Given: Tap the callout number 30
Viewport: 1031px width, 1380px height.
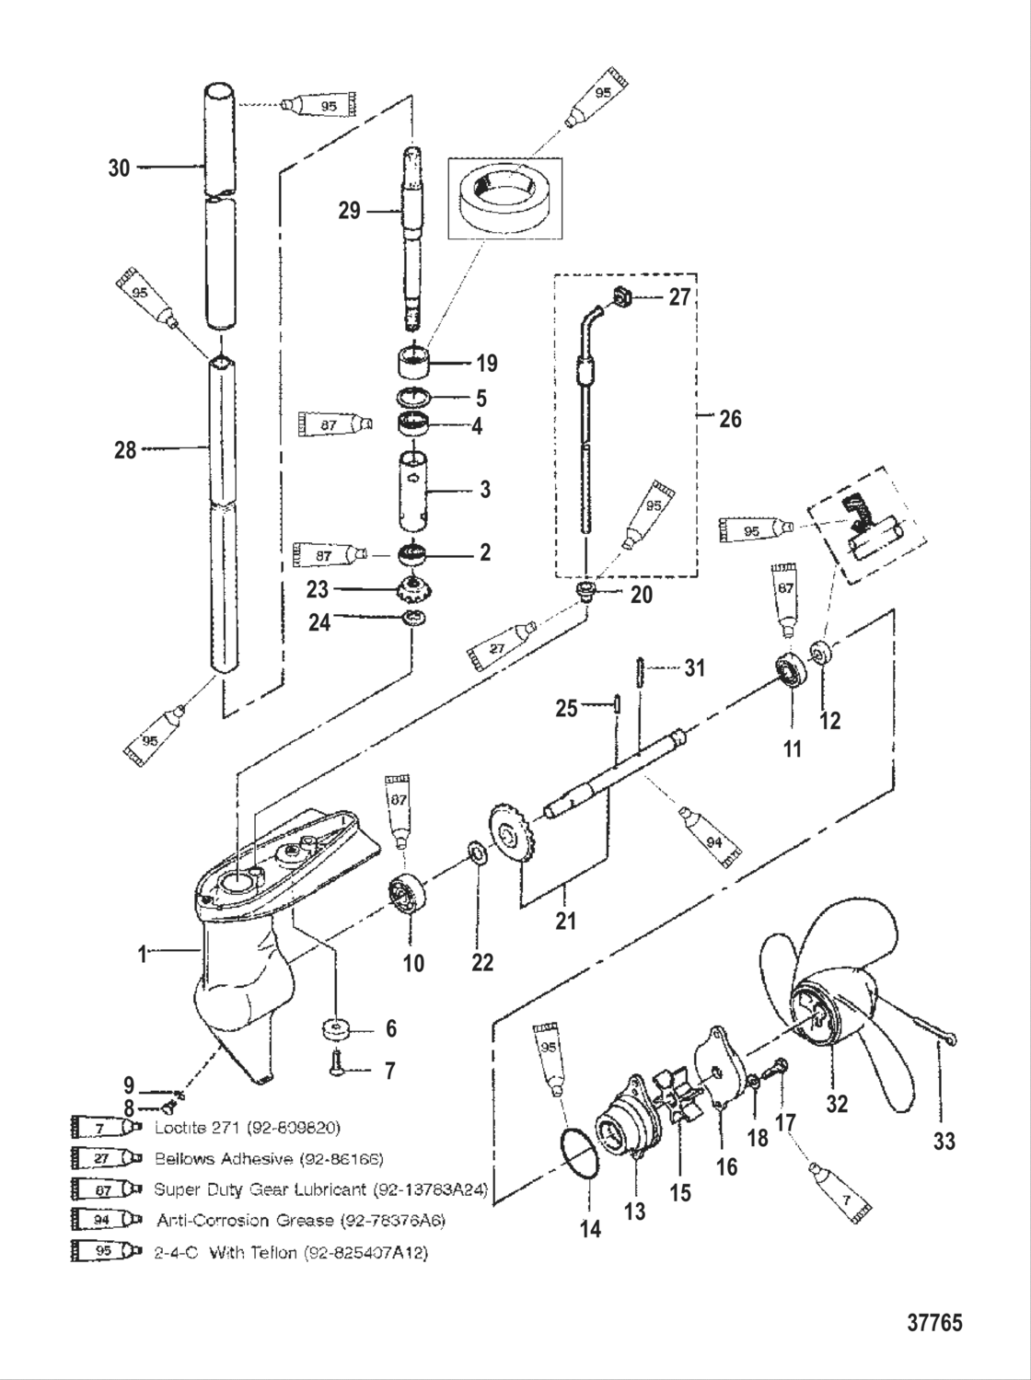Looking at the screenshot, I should [x=120, y=168].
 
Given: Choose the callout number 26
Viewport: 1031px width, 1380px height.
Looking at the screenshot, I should [x=729, y=419].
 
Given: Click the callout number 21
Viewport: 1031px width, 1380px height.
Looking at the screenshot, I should [x=564, y=919].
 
